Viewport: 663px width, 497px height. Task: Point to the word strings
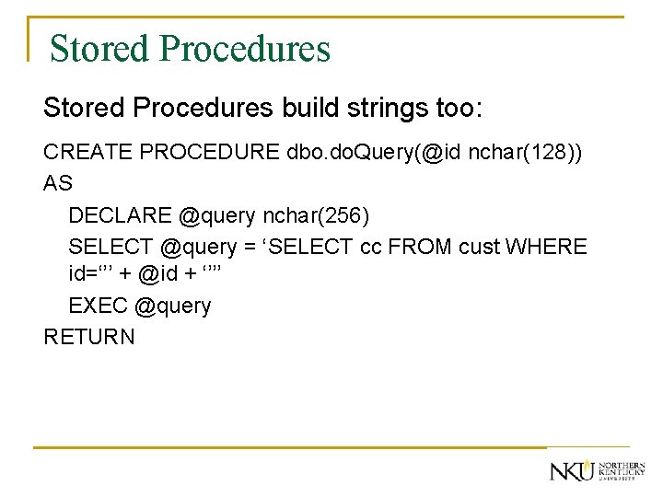coord(378,109)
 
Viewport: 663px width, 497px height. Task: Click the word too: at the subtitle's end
coord(452,109)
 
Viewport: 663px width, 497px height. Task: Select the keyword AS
coord(57,183)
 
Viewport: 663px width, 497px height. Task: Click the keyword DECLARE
coord(120,215)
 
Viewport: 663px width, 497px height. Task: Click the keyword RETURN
coord(89,337)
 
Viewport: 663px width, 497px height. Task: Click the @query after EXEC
coord(172,306)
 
